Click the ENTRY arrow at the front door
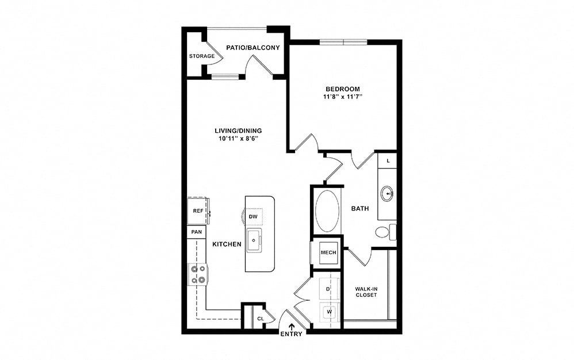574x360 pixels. [292, 327]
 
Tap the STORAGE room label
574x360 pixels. [202, 56]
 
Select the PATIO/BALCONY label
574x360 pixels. [253, 48]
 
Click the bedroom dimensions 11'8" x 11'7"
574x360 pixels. [343, 97]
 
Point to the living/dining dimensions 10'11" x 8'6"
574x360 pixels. [238, 139]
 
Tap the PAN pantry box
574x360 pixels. [197, 232]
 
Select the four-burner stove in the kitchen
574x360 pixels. [198, 274]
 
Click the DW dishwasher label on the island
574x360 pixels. [253, 217]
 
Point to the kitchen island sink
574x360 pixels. [254, 240]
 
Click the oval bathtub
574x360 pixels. [327, 210]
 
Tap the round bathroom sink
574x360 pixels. [387, 194]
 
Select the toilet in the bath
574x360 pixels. [385, 232]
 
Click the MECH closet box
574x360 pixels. [328, 252]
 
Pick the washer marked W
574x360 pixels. [330, 312]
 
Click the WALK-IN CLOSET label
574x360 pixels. [366, 292]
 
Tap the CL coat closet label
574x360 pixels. [261, 319]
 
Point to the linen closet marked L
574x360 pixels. [388, 160]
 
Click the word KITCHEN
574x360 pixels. [227, 244]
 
